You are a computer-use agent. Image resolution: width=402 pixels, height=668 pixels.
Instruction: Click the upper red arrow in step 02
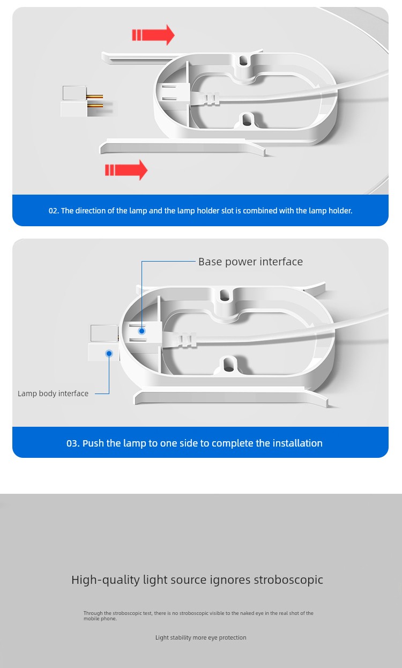(x=153, y=35)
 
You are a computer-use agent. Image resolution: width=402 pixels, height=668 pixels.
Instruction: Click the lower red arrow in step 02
(x=126, y=170)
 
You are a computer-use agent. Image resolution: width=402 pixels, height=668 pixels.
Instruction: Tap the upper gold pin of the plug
(x=94, y=97)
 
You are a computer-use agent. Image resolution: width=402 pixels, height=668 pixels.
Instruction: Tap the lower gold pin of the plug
(x=94, y=105)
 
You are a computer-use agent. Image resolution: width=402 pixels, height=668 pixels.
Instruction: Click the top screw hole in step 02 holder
(x=244, y=61)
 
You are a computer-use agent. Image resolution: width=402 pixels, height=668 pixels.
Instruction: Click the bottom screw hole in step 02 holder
(x=247, y=120)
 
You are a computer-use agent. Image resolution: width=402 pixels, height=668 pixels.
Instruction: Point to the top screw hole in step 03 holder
(x=224, y=295)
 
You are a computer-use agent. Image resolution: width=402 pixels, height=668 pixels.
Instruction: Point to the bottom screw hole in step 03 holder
(x=229, y=365)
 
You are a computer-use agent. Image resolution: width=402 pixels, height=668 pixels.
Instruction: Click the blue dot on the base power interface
(x=142, y=331)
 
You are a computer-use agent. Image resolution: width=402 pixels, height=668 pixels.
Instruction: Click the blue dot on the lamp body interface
(x=109, y=353)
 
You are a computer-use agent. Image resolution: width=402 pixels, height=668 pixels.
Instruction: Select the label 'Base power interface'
(x=250, y=262)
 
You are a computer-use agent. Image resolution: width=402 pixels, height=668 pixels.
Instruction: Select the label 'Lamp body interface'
(x=53, y=394)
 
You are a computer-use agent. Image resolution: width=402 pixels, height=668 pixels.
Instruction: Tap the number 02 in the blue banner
(x=53, y=211)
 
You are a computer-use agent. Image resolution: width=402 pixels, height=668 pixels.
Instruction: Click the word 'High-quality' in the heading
(x=106, y=580)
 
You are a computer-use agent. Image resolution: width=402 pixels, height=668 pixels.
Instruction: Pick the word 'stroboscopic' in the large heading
(x=288, y=580)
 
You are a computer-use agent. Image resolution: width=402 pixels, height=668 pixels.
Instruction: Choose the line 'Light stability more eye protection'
(x=200, y=637)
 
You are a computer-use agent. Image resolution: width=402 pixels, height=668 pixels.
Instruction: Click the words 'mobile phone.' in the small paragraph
(x=100, y=619)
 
